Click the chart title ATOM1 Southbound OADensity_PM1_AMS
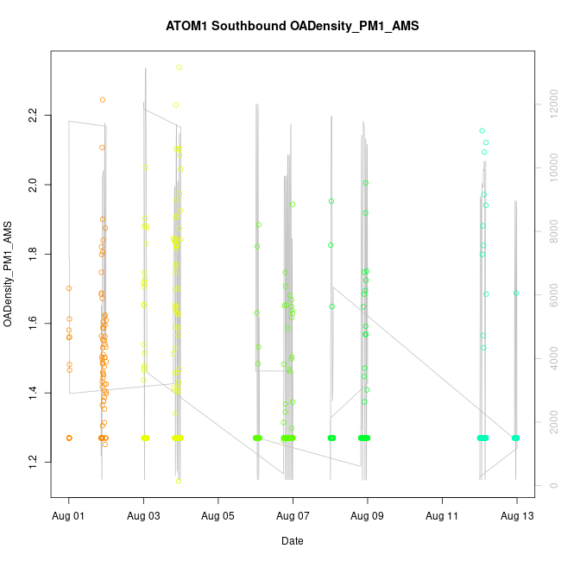click(x=293, y=26)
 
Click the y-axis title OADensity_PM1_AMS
click(x=8, y=274)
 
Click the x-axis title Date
click(x=292, y=541)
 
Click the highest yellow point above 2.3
click(x=179, y=67)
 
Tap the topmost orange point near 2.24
click(x=103, y=100)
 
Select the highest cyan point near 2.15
click(x=482, y=130)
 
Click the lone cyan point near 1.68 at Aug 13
click(x=516, y=293)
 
